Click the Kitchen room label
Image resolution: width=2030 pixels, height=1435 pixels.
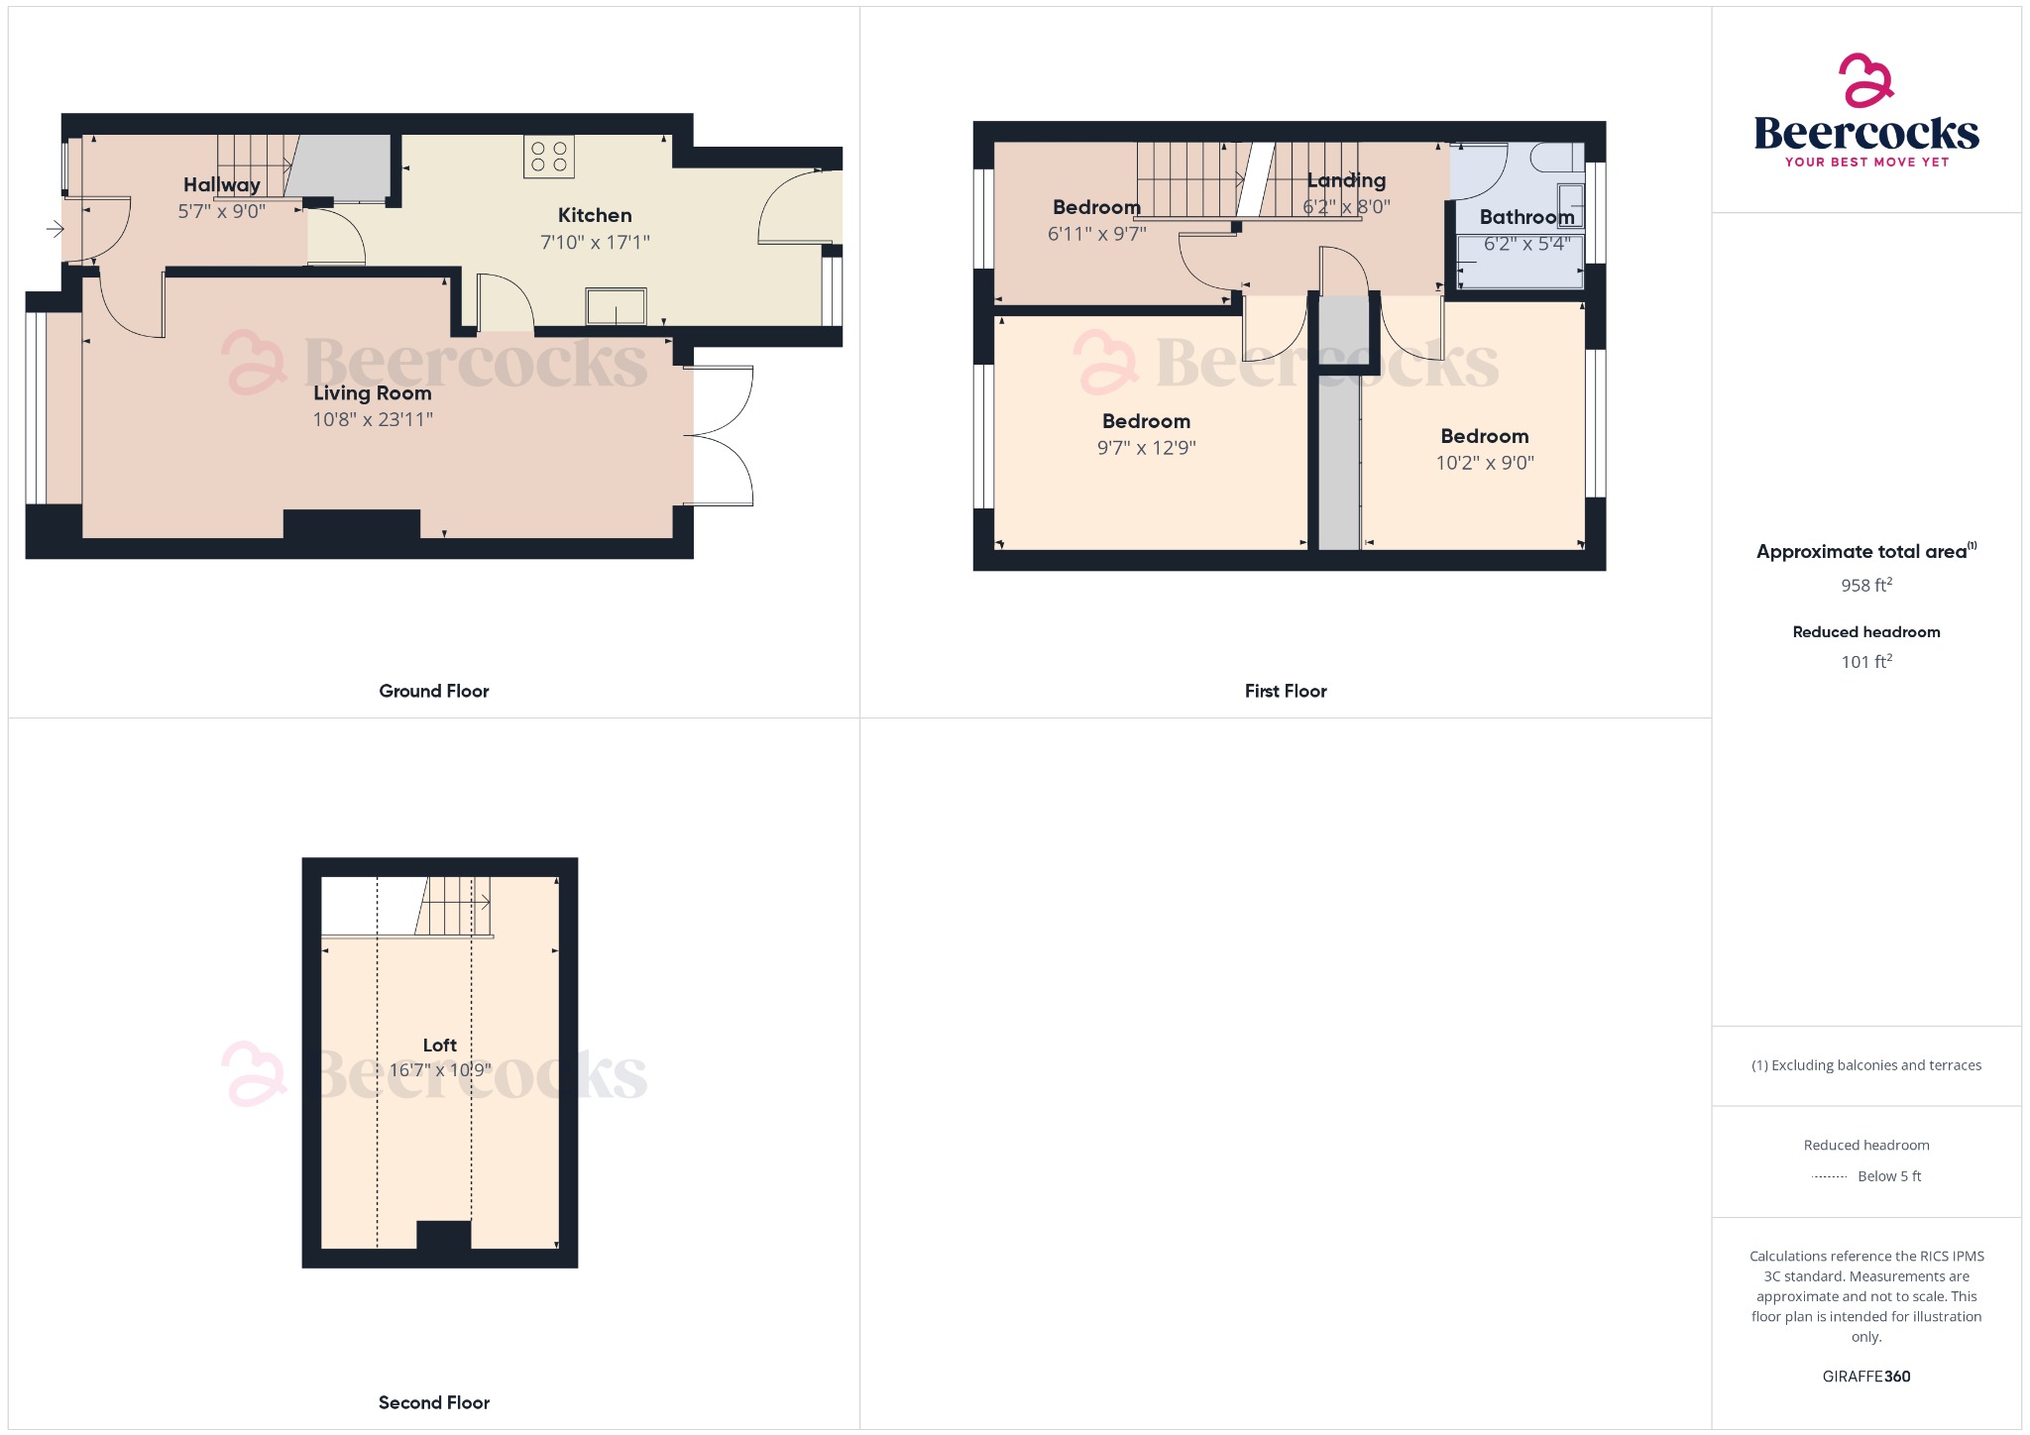tap(594, 215)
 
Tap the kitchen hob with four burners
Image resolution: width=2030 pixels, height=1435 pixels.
tap(549, 157)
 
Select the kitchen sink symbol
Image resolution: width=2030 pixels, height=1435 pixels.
tap(616, 306)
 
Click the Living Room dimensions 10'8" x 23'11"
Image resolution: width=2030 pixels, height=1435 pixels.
tap(373, 419)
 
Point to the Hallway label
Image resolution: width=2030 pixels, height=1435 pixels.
tap(221, 184)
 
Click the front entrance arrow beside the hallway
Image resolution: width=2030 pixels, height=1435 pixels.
tap(55, 230)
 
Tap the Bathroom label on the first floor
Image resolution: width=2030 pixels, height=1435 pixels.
tap(1526, 217)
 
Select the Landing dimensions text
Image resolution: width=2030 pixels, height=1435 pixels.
tap(1346, 207)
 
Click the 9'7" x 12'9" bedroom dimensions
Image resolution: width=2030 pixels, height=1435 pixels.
tap(1146, 448)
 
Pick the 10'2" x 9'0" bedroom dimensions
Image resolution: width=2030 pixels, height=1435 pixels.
tap(1485, 463)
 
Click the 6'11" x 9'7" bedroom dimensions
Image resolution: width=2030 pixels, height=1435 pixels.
tap(1096, 234)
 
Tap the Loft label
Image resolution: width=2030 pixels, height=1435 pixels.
tap(439, 1045)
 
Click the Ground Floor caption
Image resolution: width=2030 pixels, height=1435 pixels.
tap(433, 691)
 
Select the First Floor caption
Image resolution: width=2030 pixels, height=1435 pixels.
tap(1285, 691)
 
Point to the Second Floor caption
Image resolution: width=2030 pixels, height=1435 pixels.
tap(433, 1402)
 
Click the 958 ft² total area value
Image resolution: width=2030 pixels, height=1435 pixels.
tap(1865, 585)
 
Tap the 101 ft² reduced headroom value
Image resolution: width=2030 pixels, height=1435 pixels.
tap(1865, 661)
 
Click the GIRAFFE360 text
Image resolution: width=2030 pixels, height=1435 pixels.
tap(1865, 1376)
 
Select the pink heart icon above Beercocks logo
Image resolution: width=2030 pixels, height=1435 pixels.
tap(1865, 80)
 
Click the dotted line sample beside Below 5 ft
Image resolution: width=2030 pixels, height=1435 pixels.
tap(1829, 1177)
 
